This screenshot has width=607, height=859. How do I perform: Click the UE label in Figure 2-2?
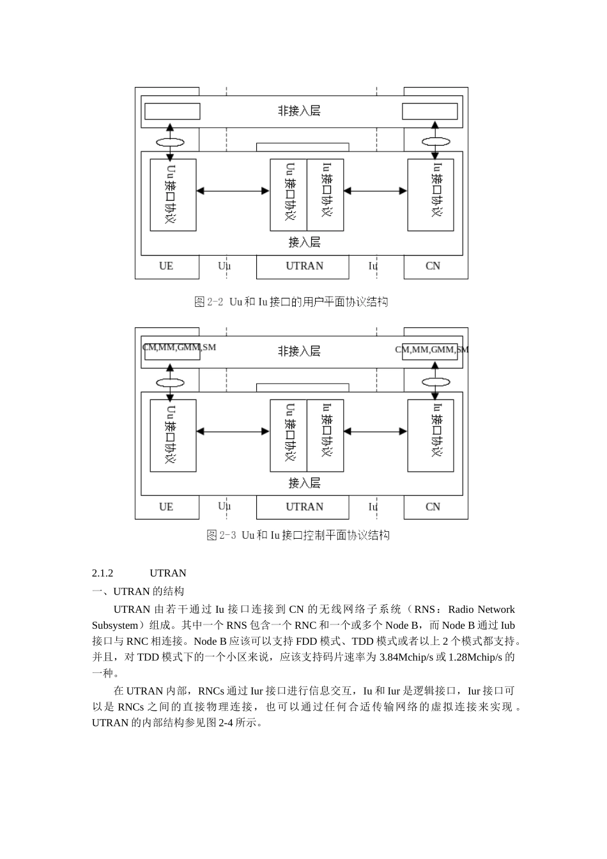coord(166,266)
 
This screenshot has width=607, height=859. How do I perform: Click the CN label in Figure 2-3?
coord(433,507)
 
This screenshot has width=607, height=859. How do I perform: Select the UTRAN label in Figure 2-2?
coord(304,266)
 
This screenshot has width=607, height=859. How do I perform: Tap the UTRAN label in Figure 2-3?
coord(304,507)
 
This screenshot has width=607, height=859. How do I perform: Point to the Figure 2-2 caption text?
coord(291,302)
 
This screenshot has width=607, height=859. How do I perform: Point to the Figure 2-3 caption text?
coord(298,535)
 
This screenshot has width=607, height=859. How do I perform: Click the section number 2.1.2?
coord(103,573)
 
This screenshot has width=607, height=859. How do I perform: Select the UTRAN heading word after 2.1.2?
coord(168,573)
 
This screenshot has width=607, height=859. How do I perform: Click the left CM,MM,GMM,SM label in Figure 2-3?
coord(180,347)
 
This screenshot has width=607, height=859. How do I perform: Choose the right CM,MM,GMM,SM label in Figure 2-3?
coord(431,350)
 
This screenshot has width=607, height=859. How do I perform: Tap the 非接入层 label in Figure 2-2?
coord(298,111)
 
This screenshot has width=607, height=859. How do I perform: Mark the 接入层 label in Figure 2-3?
coord(304,483)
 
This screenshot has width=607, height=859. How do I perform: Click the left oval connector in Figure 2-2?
coord(169,142)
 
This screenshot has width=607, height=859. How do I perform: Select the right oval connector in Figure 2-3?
coord(436,382)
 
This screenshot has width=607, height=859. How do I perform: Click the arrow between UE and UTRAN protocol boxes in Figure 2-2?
coord(233,190)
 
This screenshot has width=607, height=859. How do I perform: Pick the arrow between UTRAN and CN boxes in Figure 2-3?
coord(375,431)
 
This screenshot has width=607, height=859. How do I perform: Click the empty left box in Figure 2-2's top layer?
coord(172,111)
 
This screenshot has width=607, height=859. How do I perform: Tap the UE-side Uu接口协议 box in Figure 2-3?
coord(173,435)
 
